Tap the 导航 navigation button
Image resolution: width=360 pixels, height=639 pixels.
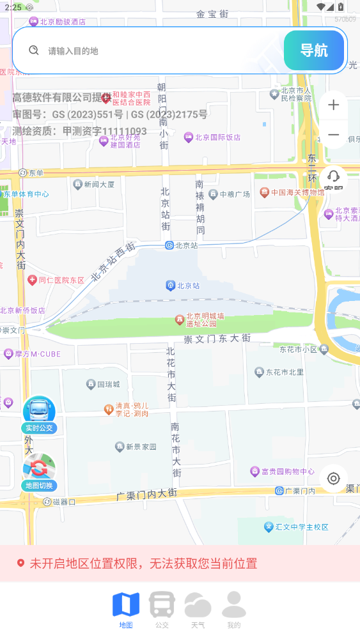click(x=314, y=50)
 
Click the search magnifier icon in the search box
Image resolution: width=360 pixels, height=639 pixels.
click(x=34, y=50)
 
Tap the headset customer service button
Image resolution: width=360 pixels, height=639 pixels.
click(x=333, y=178)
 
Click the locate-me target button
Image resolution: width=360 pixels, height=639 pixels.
click(x=333, y=479)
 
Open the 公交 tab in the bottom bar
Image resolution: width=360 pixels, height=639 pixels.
click(x=162, y=609)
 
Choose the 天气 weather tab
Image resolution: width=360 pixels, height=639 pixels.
click(x=198, y=609)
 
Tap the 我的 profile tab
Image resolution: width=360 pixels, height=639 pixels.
click(x=234, y=609)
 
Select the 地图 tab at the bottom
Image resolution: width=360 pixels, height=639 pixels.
click(x=126, y=609)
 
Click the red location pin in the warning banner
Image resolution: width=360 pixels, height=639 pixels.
click(x=20, y=563)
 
